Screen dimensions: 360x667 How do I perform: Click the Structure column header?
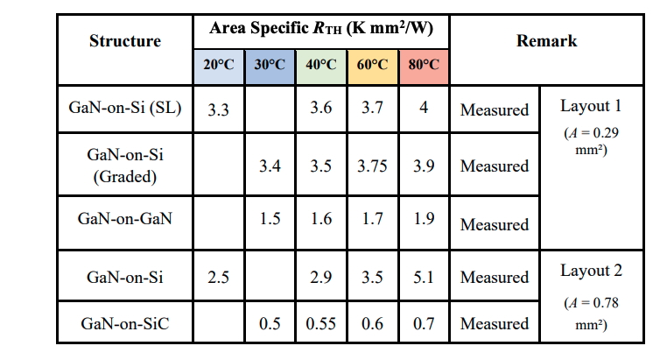pyautogui.click(x=125, y=41)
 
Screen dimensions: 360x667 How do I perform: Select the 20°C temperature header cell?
pyautogui.click(x=219, y=65)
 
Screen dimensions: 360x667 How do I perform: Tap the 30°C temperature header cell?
pyautogui.click(x=270, y=65)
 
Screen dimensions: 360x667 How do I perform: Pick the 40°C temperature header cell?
pyautogui.click(x=321, y=65)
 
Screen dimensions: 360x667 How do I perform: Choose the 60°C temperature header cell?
pyautogui.click(x=373, y=65)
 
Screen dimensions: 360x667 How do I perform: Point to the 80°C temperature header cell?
pyautogui.click(x=424, y=65)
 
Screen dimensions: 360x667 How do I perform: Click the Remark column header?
pyautogui.click(x=546, y=41)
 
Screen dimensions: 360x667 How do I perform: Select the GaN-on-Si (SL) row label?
pyautogui.click(x=125, y=109)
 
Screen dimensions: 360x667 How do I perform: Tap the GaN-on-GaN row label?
pyautogui.click(x=125, y=219)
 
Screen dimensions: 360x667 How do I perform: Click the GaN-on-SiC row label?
pyautogui.click(x=125, y=323)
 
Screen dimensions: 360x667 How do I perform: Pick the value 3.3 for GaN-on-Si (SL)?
pyautogui.click(x=219, y=110)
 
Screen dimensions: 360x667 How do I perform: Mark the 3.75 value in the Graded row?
pyautogui.click(x=373, y=166)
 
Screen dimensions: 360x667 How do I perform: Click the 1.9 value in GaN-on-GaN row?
pyautogui.click(x=424, y=219)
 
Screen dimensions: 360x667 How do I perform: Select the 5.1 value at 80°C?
pyautogui.click(x=424, y=277)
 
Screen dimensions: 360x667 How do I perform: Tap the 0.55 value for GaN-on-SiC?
pyautogui.click(x=321, y=323)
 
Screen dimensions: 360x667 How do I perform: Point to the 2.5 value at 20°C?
pyautogui.click(x=219, y=277)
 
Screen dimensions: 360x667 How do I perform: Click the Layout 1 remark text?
pyautogui.click(x=592, y=106)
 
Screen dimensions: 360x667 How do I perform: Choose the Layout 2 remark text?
pyautogui.click(x=592, y=271)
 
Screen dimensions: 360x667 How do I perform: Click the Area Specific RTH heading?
pyautogui.click(x=321, y=28)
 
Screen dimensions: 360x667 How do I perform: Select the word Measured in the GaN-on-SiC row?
pyautogui.click(x=495, y=323)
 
